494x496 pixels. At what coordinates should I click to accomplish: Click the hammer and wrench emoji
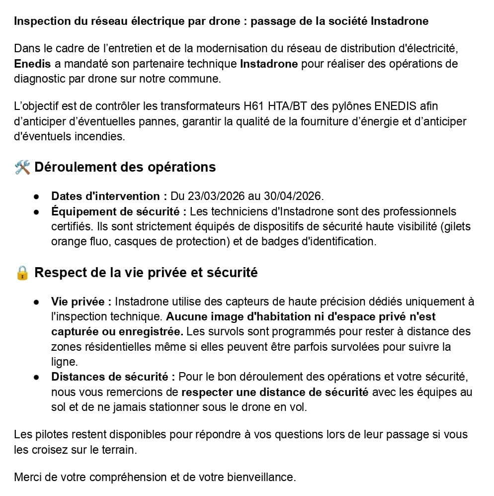tap(22, 167)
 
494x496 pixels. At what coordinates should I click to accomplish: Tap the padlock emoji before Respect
tap(22, 273)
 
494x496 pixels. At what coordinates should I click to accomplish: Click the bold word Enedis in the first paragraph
tap(32, 64)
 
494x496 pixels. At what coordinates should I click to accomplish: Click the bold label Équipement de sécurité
tap(118, 212)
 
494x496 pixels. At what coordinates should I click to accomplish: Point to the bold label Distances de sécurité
tap(113, 377)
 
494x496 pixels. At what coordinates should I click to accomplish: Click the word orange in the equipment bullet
tap(68, 242)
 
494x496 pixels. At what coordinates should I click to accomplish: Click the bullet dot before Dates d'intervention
tap(37, 197)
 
